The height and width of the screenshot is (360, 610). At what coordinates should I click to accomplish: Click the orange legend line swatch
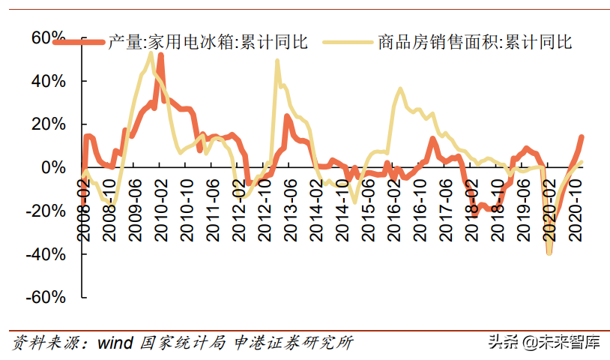tap(78, 42)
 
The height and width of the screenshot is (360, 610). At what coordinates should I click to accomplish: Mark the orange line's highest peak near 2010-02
tap(161, 55)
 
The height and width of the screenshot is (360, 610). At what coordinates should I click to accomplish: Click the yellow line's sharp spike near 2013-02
tap(277, 61)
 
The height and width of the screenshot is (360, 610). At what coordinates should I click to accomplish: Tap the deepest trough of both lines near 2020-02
tap(549, 253)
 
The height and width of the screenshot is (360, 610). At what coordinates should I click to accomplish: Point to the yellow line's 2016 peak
tap(400, 88)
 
